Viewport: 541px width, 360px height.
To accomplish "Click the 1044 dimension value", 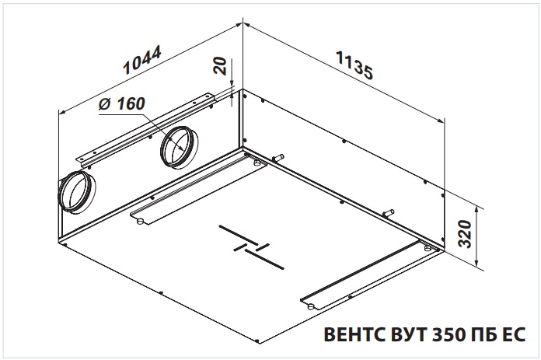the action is click(x=142, y=61).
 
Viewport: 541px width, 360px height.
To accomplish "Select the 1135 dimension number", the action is click(x=354, y=65).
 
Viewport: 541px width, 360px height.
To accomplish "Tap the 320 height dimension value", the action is click(x=466, y=234).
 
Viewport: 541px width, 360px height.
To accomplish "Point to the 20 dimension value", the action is click(x=221, y=66).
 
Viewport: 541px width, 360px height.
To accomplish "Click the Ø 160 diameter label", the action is click(x=121, y=103).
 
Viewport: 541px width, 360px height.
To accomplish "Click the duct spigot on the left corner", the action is click(x=77, y=192).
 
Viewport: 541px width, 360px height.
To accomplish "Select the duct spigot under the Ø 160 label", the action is click(x=179, y=147).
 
